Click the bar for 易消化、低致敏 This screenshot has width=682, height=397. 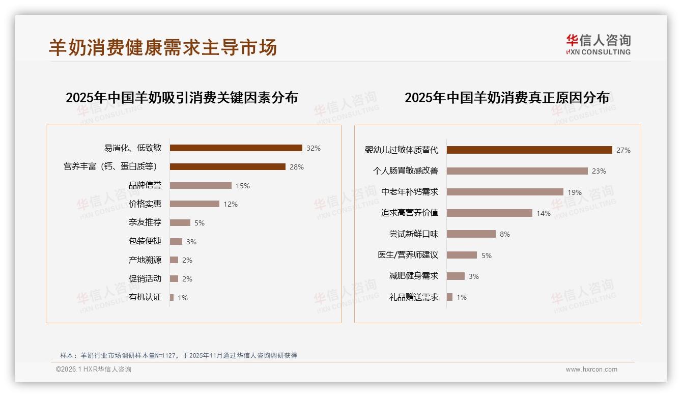(x=236, y=148)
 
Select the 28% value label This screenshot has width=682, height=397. (x=296, y=167)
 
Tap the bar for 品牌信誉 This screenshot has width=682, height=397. (x=201, y=186)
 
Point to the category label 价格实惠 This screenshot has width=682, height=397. (x=145, y=204)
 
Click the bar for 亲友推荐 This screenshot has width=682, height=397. (x=180, y=223)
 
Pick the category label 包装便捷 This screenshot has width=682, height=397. (x=145, y=241)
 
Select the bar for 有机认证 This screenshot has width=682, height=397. (x=172, y=297)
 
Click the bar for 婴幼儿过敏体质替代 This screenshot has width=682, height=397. (x=529, y=150)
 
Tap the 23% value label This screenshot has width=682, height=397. (x=599, y=172)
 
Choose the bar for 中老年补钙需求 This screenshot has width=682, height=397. (x=505, y=192)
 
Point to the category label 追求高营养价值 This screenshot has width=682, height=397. (x=410, y=213)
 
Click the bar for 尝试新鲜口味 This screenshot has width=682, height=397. (x=471, y=234)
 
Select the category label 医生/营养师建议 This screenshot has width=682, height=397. (x=408, y=255)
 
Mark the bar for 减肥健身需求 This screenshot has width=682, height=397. (x=456, y=276)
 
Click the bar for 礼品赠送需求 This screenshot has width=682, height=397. (x=449, y=297)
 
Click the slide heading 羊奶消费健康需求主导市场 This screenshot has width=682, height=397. (x=163, y=47)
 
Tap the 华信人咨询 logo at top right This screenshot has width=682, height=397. (x=598, y=44)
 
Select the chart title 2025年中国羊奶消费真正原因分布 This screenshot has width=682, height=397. (x=506, y=98)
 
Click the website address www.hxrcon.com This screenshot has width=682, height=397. (x=591, y=370)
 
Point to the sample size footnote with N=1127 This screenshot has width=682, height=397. (x=178, y=356)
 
